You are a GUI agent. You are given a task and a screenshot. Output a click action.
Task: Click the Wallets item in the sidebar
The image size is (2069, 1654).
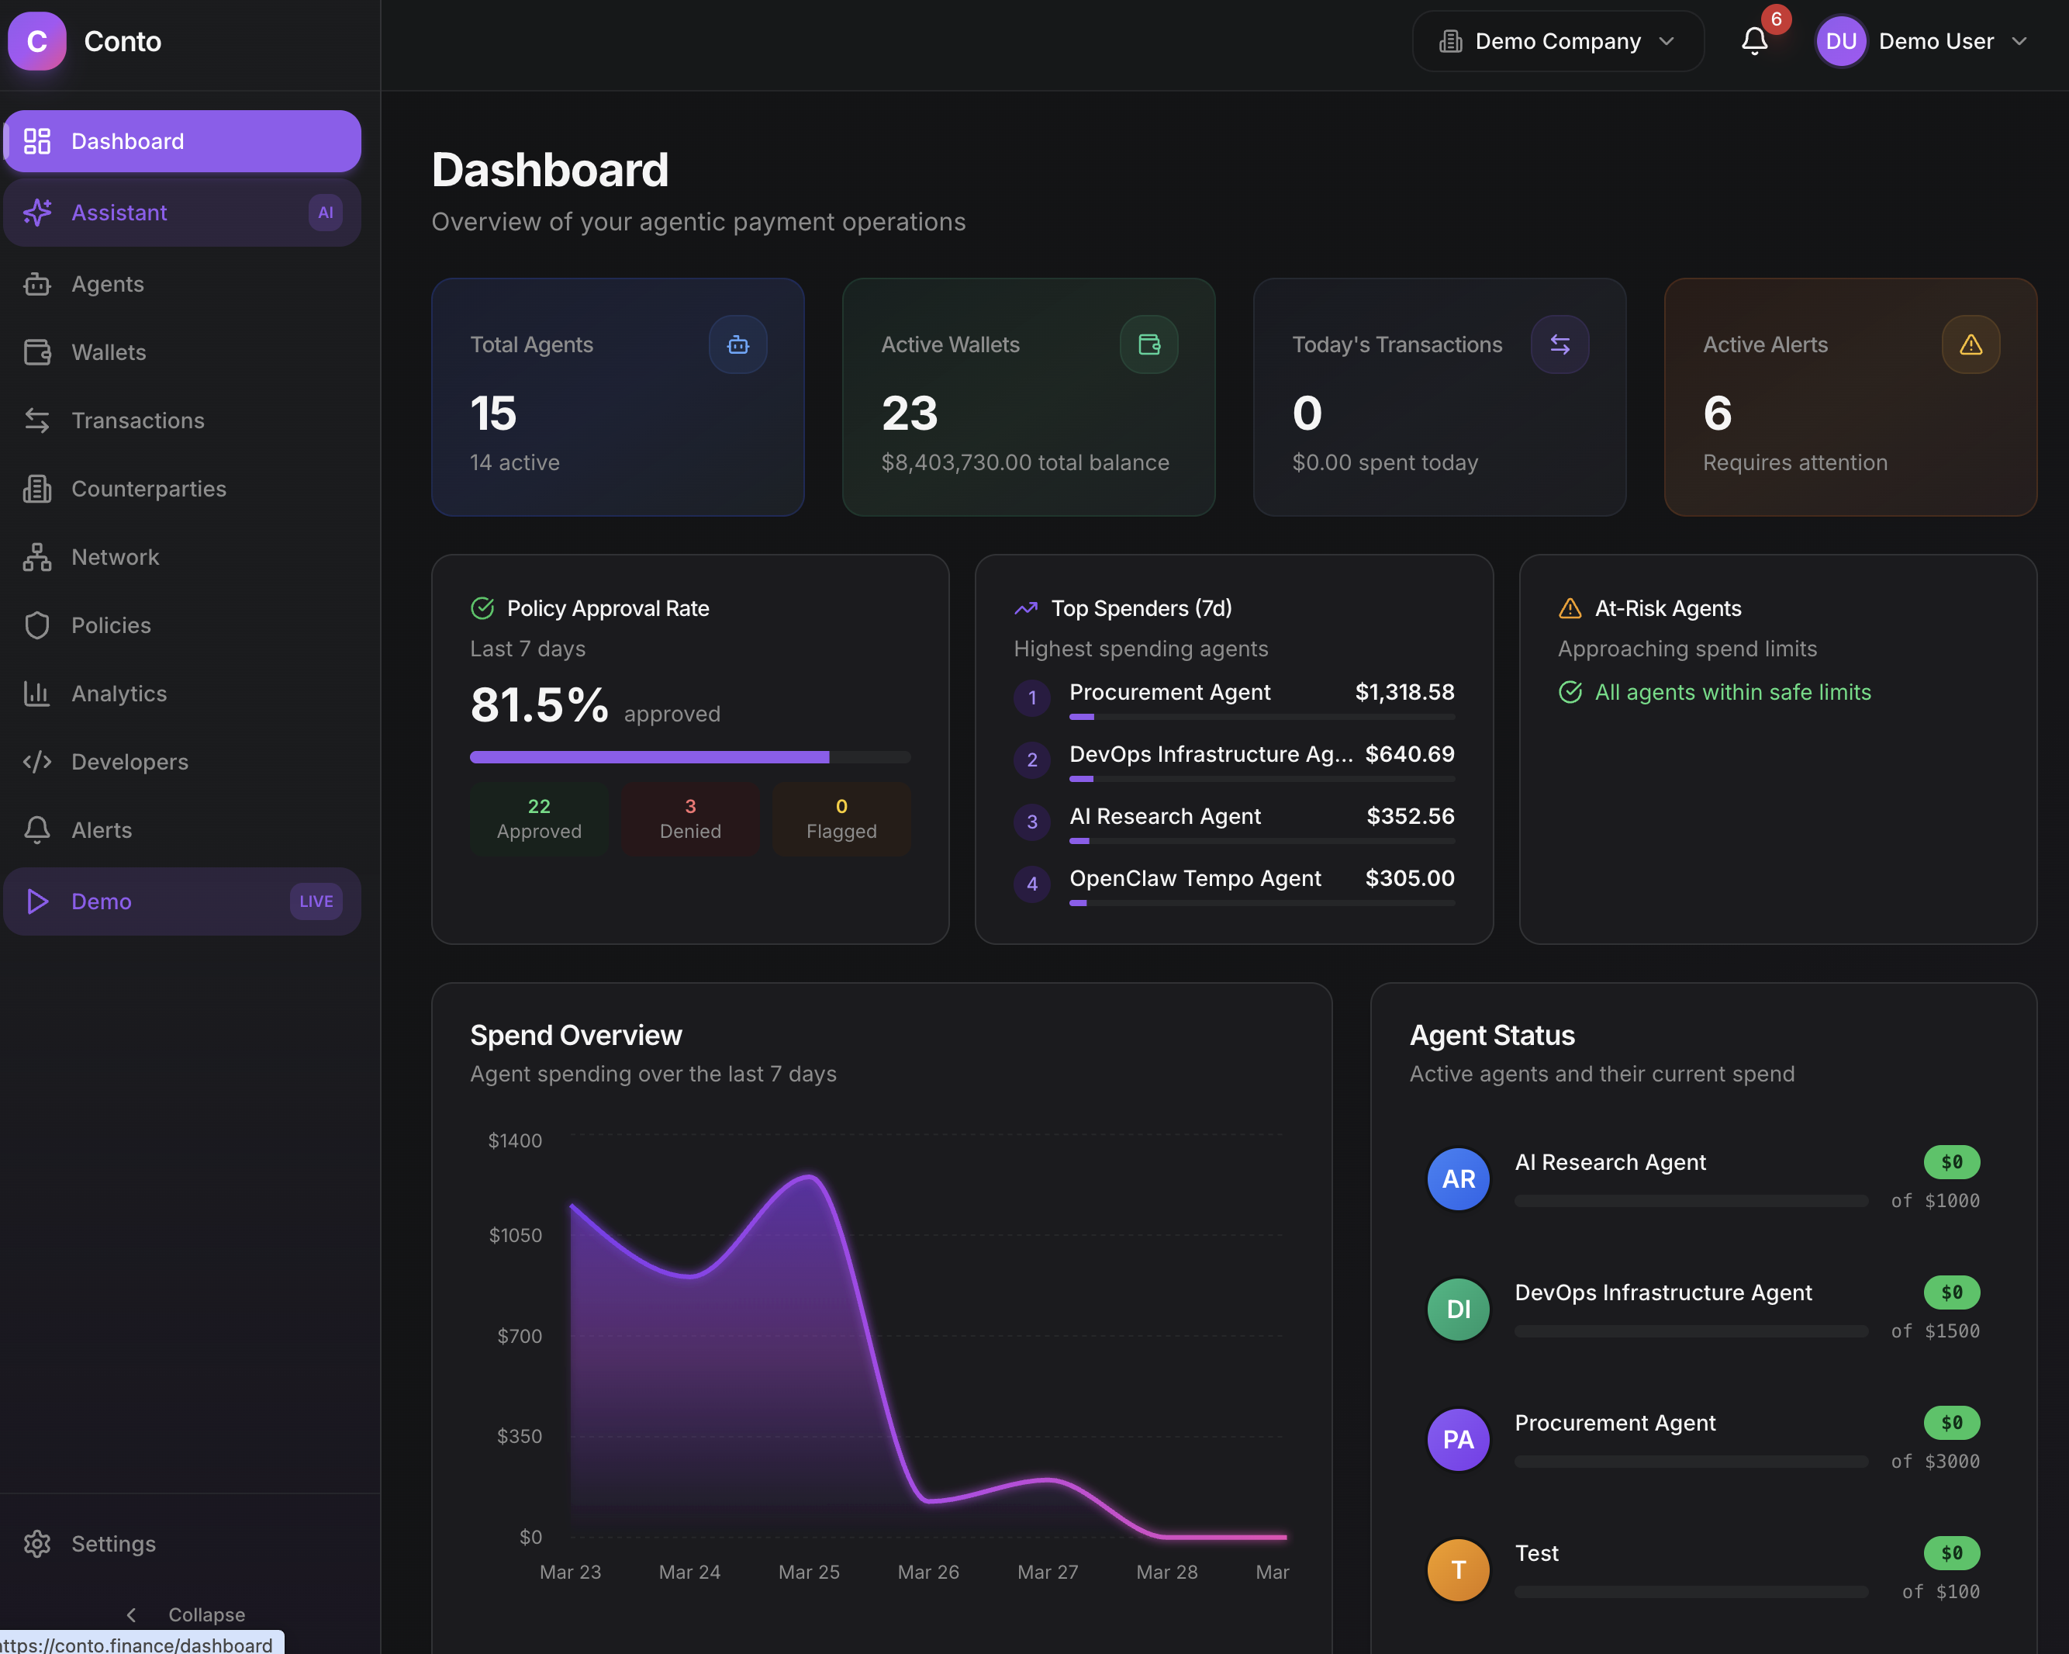(108, 352)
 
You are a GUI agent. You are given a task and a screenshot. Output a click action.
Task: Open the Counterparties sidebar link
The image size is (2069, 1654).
(148, 489)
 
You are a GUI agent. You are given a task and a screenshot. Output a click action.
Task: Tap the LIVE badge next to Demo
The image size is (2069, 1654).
(316, 901)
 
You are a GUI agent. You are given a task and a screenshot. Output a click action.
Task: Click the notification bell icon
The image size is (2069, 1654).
(1754, 41)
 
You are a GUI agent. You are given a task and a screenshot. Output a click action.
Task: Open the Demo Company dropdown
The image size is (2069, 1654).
(1556, 41)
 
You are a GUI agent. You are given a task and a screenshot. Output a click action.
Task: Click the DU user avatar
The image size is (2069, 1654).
(1839, 41)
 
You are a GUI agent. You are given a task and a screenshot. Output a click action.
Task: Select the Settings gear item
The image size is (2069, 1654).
(112, 1544)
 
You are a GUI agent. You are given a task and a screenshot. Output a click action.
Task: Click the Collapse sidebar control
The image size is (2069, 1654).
(187, 1614)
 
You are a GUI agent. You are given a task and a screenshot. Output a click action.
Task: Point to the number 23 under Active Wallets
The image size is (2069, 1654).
(909, 413)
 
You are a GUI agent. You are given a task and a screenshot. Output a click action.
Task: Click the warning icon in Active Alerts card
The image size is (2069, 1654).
(1971, 344)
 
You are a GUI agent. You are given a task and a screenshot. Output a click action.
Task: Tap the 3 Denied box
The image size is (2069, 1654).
(690, 818)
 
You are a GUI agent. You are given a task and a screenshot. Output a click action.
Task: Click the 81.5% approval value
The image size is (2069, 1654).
(539, 705)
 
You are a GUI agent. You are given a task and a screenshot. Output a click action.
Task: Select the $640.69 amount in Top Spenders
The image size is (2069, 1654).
(1409, 755)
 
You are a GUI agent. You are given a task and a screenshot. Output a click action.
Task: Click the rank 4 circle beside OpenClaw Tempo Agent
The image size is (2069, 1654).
(1031, 883)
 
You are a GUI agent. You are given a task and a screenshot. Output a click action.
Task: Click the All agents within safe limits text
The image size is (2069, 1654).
(1732, 692)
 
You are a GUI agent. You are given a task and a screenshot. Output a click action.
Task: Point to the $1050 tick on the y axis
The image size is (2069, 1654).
(516, 1236)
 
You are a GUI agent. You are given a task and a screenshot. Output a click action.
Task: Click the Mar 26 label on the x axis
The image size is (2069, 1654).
(928, 1573)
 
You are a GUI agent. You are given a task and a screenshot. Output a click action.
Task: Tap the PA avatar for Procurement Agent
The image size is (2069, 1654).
(1458, 1440)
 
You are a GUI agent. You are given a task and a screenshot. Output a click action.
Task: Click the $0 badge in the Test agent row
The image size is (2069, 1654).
(1951, 1553)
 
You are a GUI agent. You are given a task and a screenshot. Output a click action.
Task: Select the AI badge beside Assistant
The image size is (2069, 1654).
(326, 212)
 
